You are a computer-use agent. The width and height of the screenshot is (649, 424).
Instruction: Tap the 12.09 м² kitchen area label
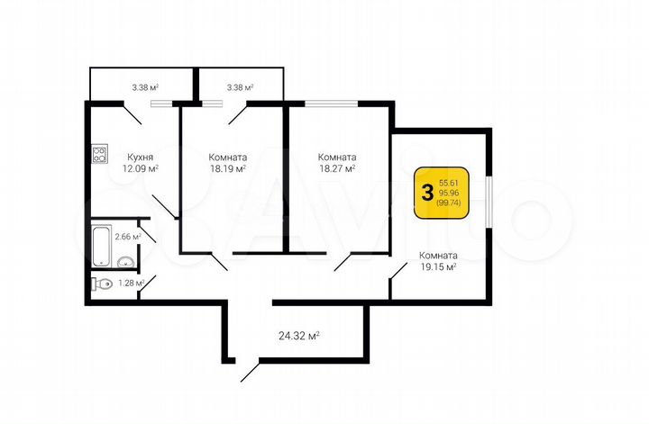pos(141,167)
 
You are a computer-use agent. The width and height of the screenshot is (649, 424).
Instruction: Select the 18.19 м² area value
pos(227,167)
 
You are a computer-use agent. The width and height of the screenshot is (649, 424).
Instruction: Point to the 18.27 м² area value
pos(336,167)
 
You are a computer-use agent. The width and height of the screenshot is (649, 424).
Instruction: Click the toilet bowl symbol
pos(102,284)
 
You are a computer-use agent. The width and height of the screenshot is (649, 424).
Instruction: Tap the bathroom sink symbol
pos(126,262)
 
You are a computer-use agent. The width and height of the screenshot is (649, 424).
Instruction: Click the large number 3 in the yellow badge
pos(425,193)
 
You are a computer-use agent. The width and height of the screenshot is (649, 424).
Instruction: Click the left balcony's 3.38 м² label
pos(145,87)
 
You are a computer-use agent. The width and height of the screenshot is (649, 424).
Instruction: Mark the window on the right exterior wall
pos(488,201)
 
